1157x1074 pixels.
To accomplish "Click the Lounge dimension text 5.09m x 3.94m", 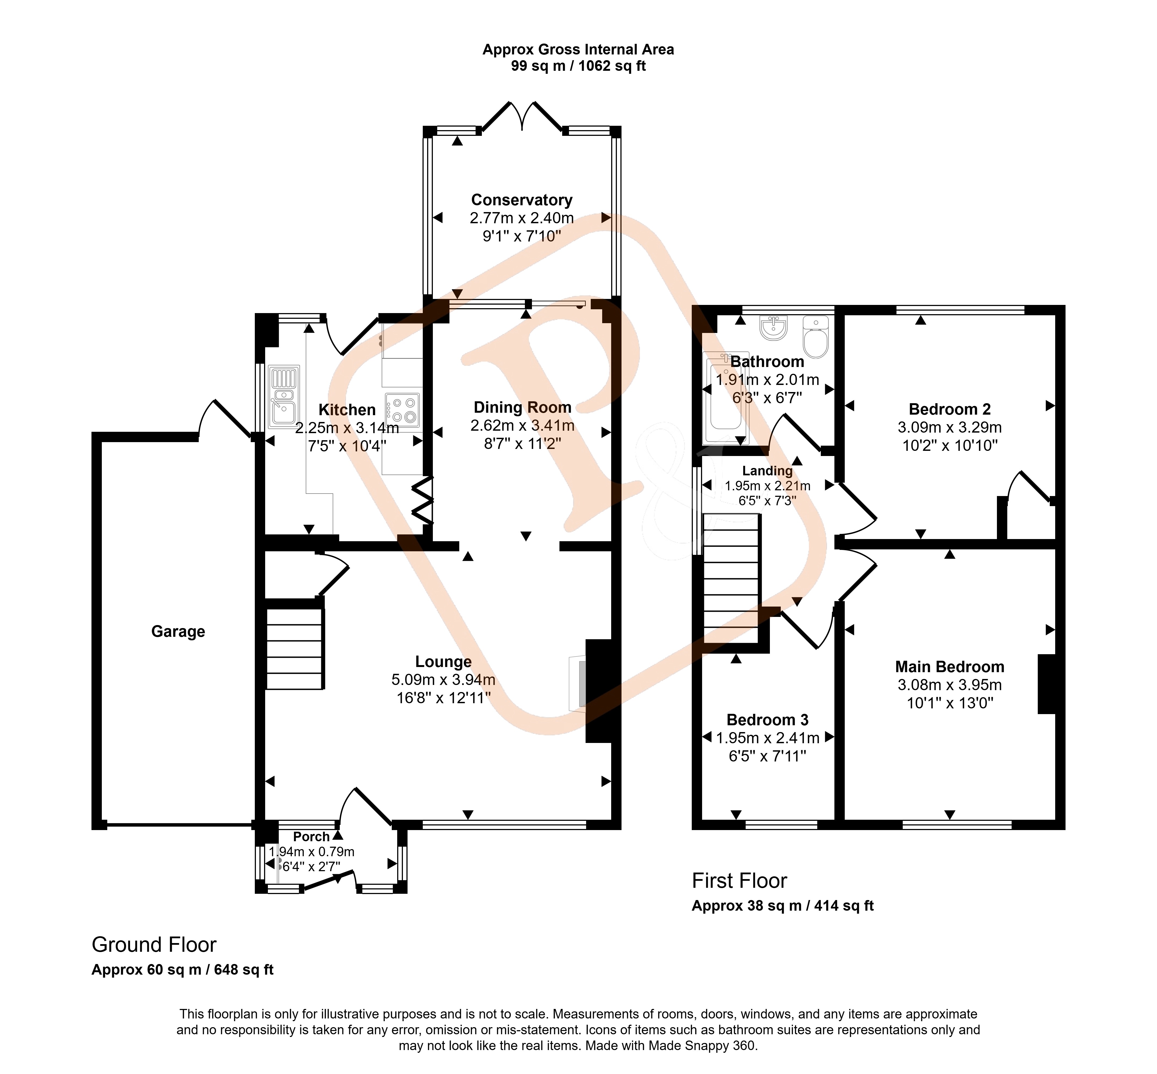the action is coord(443,680).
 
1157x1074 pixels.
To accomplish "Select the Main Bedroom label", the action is coord(950,667).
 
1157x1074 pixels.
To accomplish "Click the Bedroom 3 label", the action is coord(767,720).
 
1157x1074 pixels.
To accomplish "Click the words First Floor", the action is coord(739,880).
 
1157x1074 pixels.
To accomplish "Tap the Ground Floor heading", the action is coord(154,944).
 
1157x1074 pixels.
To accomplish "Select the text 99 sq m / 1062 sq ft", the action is coord(578,66).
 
